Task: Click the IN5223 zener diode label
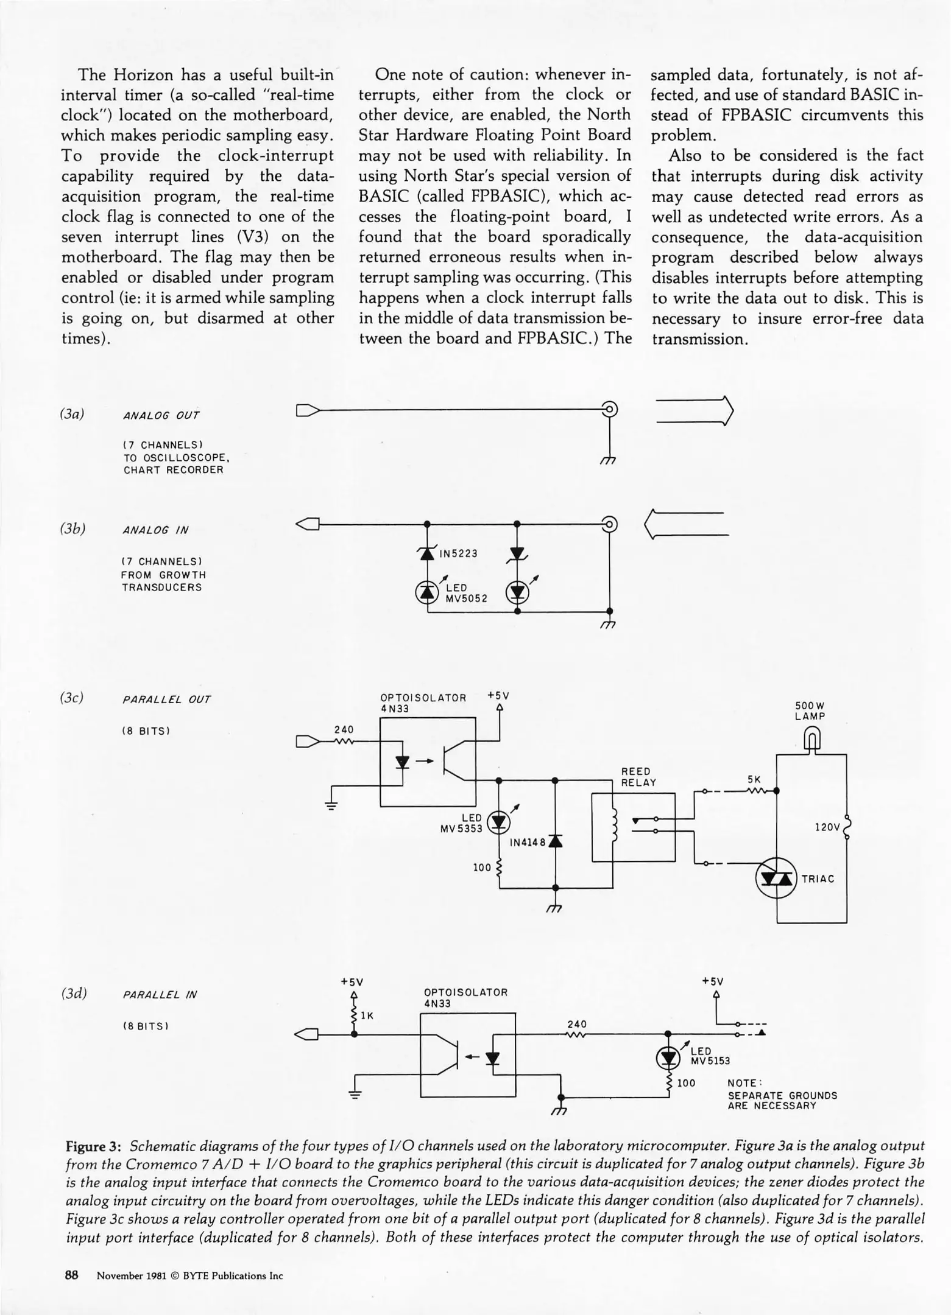pyautogui.click(x=459, y=554)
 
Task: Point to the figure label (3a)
pyautogui.click(x=72, y=414)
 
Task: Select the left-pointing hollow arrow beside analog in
pyautogui.click(x=686, y=524)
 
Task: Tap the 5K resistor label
pyautogui.click(x=754, y=779)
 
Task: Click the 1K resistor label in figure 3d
pyautogui.click(x=367, y=1015)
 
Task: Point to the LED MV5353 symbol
pyautogui.click(x=500, y=822)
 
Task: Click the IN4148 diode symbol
pyautogui.click(x=555, y=842)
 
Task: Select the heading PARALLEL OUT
pyautogui.click(x=166, y=700)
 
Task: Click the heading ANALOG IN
pyautogui.click(x=156, y=530)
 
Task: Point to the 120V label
pyautogui.click(x=827, y=827)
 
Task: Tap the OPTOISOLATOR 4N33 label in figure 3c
pyautogui.click(x=423, y=703)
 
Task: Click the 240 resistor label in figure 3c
pyautogui.click(x=344, y=729)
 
